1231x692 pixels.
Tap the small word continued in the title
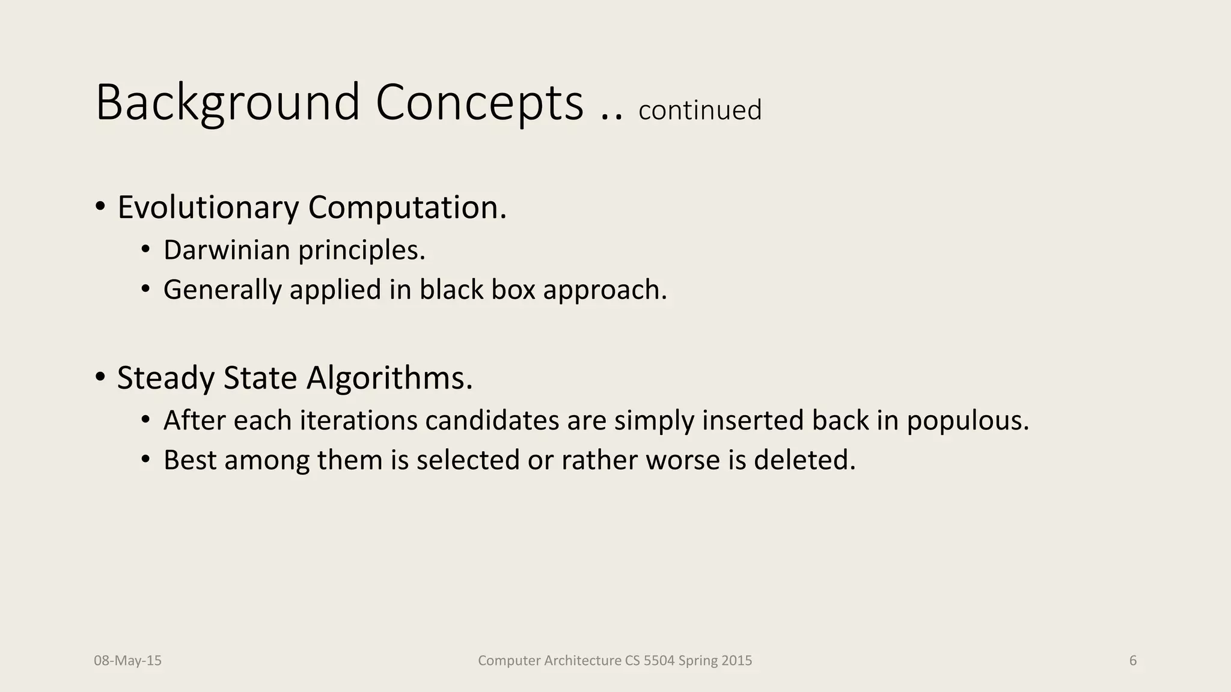pyautogui.click(x=700, y=111)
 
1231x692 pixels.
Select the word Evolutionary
pyautogui.click(x=207, y=207)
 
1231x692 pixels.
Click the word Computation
pyautogui.click(x=407, y=207)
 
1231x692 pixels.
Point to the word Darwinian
pyautogui.click(x=227, y=250)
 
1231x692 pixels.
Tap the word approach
pyautogui.click(x=605, y=290)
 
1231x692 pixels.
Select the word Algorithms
pyautogui.click(x=389, y=378)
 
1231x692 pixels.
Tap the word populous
pyautogui.click(x=968, y=420)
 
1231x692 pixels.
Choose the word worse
pyautogui.click(x=683, y=460)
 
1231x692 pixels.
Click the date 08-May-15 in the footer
pyautogui.click(x=127, y=661)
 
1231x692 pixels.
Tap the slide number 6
pyautogui.click(x=1133, y=661)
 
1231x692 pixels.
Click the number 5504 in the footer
pyautogui.click(x=659, y=661)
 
